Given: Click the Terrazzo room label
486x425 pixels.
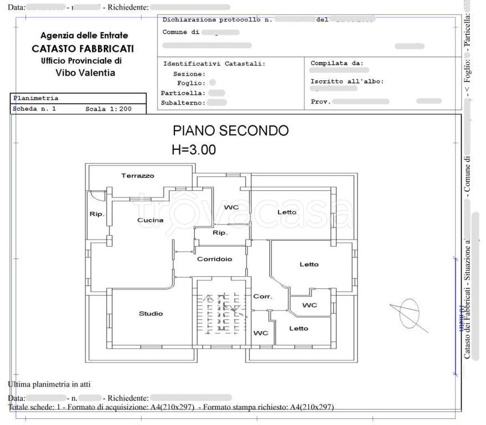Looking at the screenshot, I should pos(138,175).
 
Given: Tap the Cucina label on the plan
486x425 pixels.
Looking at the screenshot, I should pos(151,220).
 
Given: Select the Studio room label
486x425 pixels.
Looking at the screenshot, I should pos(151,314).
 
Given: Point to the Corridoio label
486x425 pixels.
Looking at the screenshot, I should pos(214,258).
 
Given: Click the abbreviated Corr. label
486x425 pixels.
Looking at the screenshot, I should pos(262,297).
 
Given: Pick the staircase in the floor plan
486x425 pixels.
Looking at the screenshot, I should pos(220,314).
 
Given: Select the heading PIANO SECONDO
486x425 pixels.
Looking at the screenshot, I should pos(230,131).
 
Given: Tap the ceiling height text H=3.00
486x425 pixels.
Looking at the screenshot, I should pos(194,149).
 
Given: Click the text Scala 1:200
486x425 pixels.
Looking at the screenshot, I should pos(108,109).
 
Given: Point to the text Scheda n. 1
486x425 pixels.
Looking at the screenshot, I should pos(34,109).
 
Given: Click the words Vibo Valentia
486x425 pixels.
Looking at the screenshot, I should pos(85,72).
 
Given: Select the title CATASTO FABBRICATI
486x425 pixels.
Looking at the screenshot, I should pos(82,49).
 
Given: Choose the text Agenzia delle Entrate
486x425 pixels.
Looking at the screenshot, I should pos(84,35).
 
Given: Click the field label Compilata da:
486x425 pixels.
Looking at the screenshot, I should pos(337,63).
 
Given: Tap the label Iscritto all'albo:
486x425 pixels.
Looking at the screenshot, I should pos(347,81).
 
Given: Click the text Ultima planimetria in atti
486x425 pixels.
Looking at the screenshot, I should pos(49,384).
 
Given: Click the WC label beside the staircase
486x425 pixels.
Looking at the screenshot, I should pos(261,333).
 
